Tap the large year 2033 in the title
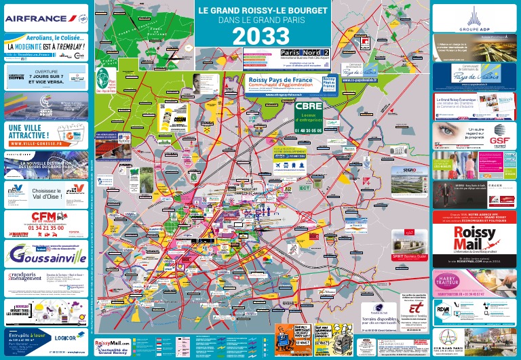263,37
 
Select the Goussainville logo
46,255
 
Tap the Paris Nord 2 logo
305,52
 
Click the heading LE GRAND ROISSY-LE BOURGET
263,11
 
